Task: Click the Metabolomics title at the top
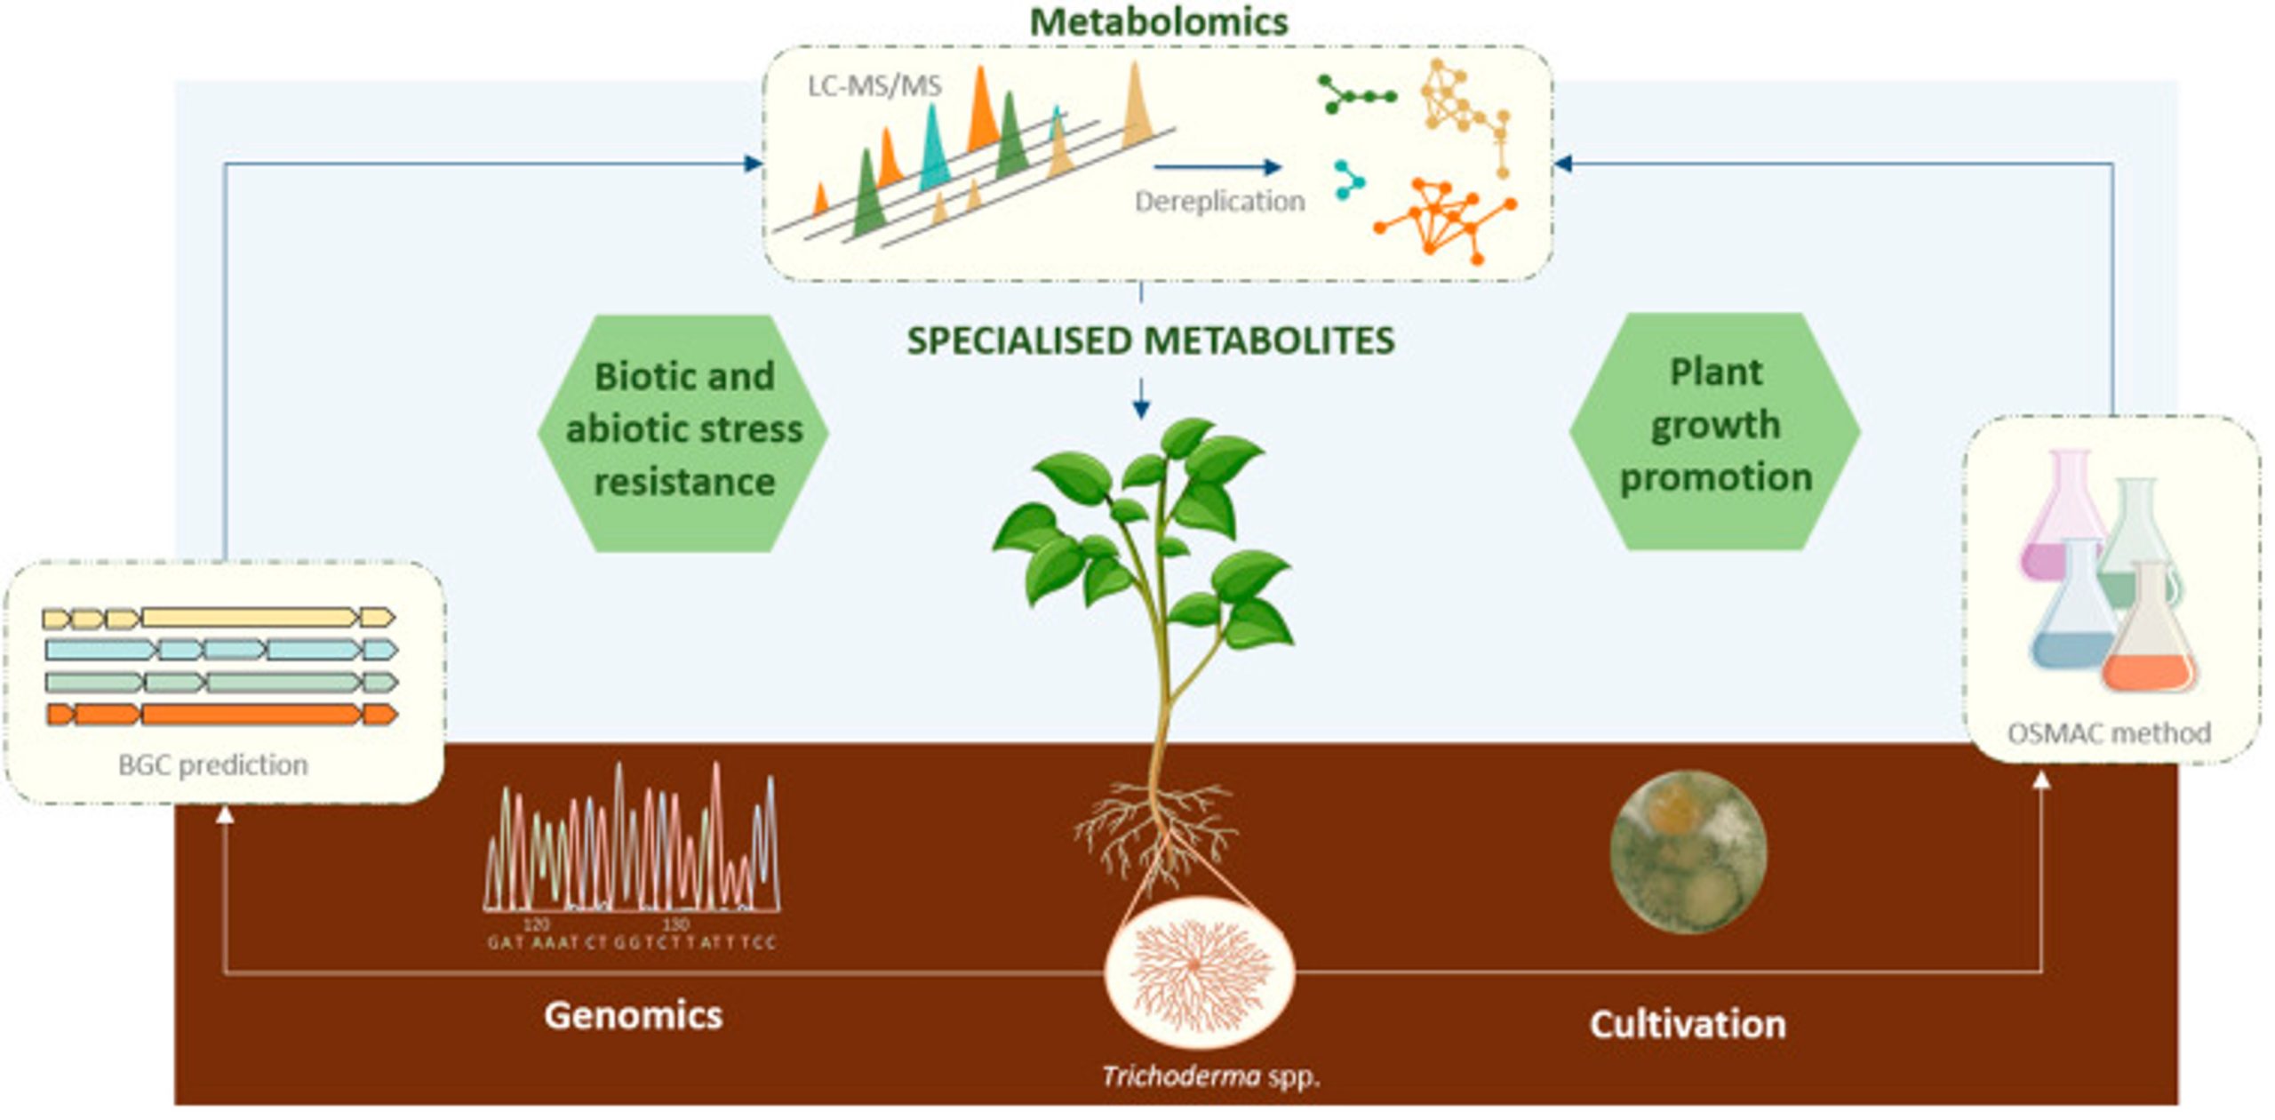1158,21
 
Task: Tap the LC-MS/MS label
874,86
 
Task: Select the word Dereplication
1219,202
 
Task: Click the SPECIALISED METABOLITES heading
1150,341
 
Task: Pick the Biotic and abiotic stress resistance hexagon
683,432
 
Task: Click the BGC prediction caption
213,764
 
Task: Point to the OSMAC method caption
2109,733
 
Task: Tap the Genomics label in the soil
633,1015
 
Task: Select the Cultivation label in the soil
1687,1024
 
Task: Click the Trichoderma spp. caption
1210,1077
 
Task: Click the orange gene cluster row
220,714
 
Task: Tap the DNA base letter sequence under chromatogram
631,942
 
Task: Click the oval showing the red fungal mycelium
1198,971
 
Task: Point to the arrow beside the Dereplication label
1217,166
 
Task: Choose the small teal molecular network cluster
1349,180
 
